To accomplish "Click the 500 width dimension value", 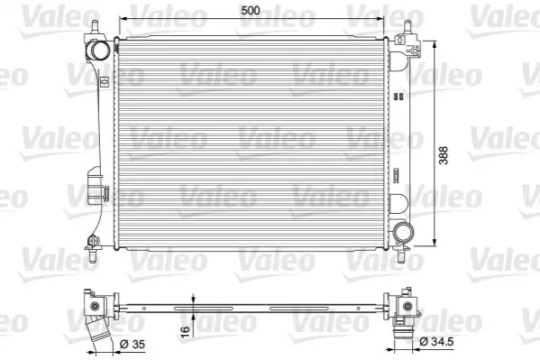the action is coord(251,10).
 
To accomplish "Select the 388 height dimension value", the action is coord(444,155).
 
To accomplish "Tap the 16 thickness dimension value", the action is coord(186,331).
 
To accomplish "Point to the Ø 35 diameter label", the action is coord(133,344).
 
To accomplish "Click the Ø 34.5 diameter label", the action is coord(436,341).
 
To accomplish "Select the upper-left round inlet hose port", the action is coord(98,51).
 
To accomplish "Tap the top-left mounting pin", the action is coord(96,27).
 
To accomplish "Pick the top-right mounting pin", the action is coord(408,27).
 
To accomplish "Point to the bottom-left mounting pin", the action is coord(92,256).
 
